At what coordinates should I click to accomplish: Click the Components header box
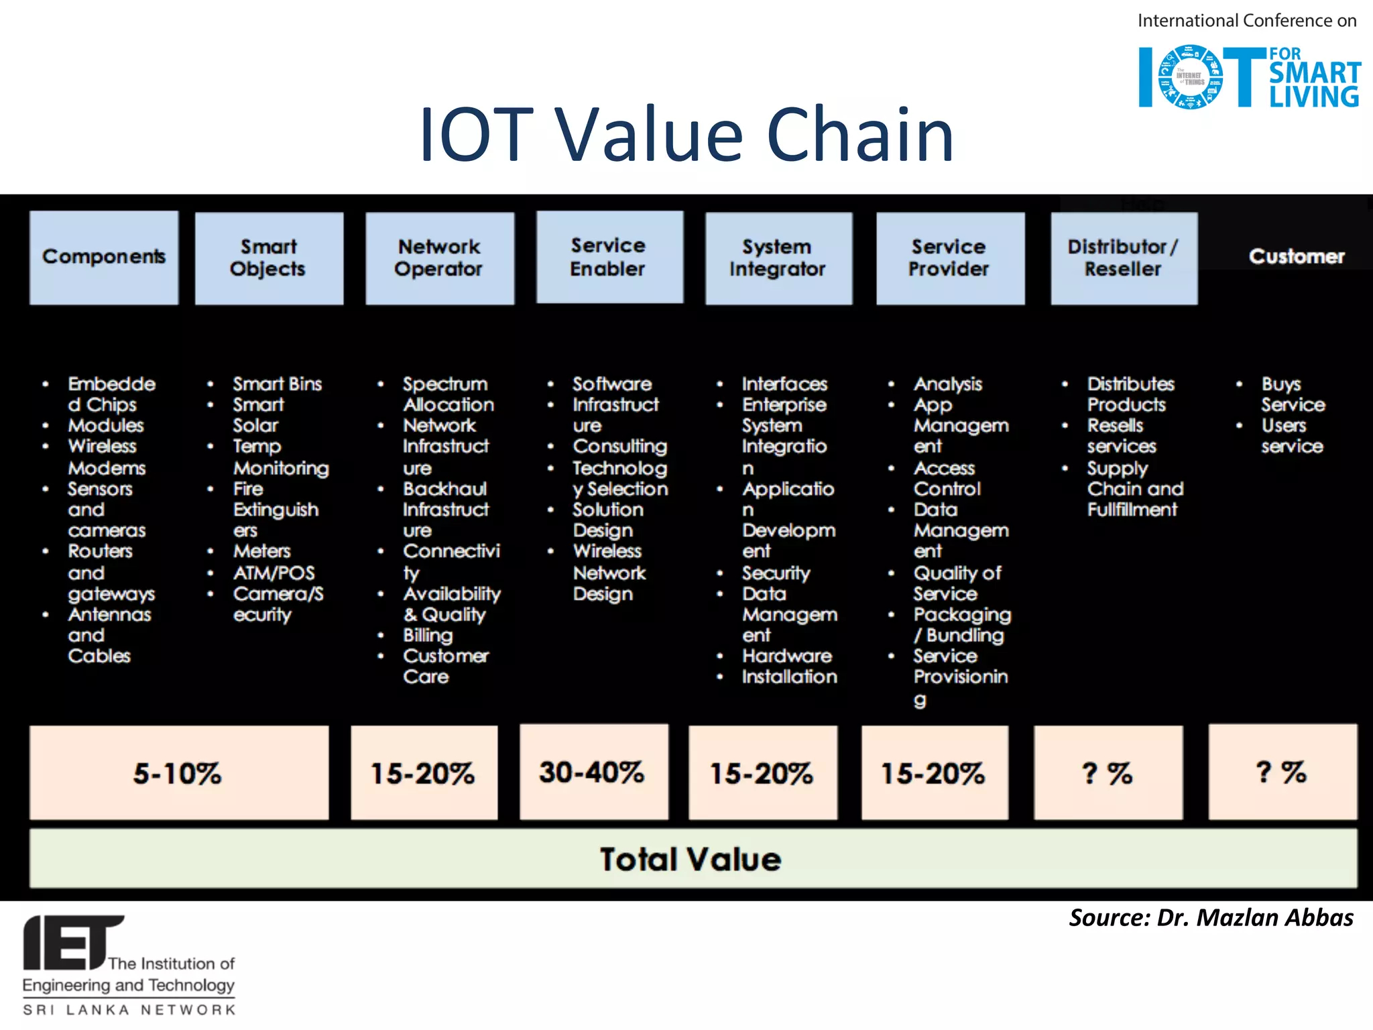(104, 258)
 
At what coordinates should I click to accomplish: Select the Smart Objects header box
(269, 258)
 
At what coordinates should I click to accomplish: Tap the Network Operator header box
(440, 258)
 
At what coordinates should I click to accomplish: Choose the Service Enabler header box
(609, 257)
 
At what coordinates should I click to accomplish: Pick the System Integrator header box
(778, 258)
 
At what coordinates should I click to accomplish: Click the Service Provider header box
(950, 258)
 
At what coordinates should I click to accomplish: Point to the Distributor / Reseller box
(1124, 258)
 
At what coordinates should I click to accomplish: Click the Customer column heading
(1297, 257)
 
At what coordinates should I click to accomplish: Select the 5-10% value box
(179, 772)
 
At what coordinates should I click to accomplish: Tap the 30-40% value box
(593, 772)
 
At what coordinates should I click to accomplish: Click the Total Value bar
(693, 859)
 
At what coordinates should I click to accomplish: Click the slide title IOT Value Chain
(686, 135)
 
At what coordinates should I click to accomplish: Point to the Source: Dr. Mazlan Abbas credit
(1211, 917)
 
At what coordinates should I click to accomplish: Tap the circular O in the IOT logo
(1191, 77)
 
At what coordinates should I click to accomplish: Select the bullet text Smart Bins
(277, 384)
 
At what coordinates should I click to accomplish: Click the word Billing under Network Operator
(428, 635)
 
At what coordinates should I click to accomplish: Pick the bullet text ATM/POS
(274, 573)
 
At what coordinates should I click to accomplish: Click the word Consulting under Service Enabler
(619, 447)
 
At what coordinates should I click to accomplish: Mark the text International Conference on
(1246, 21)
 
